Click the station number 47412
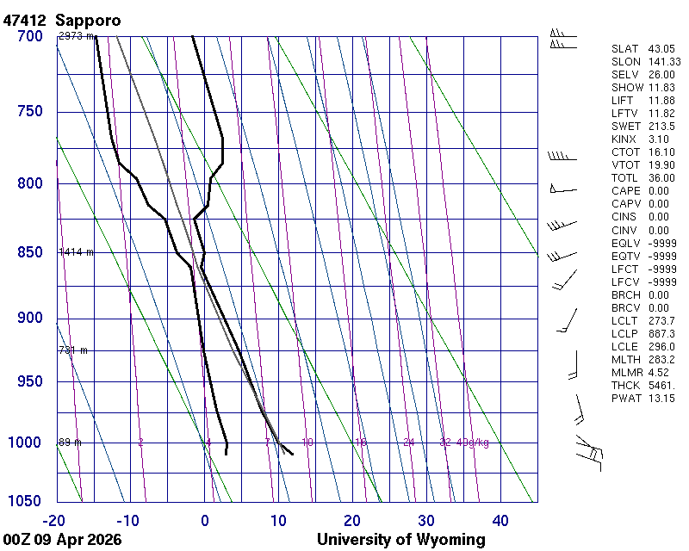click(24, 20)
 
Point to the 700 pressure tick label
click(29, 36)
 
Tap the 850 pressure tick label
click(29, 252)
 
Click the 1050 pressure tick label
click(26, 502)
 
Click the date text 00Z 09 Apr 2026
click(61, 540)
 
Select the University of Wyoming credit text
click(400, 540)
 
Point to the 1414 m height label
click(75, 252)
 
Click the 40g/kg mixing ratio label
click(473, 443)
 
